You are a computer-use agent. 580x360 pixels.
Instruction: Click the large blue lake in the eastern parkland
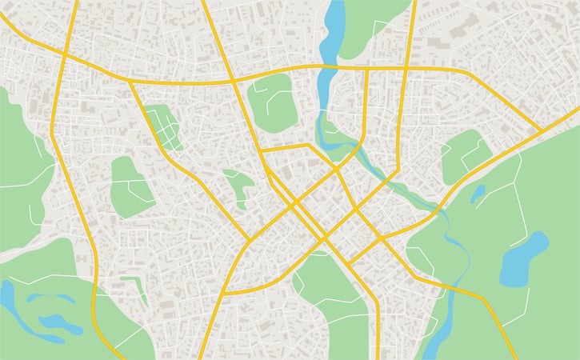click(x=524, y=258)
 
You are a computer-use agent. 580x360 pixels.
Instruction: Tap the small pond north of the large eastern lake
click(x=478, y=194)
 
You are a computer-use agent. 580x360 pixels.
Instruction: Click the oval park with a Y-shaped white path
click(x=272, y=102)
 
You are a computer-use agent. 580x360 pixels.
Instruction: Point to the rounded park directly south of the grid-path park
click(x=131, y=186)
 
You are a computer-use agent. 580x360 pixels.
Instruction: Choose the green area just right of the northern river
click(x=368, y=28)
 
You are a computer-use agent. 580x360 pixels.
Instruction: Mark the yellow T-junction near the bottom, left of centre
click(x=222, y=294)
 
